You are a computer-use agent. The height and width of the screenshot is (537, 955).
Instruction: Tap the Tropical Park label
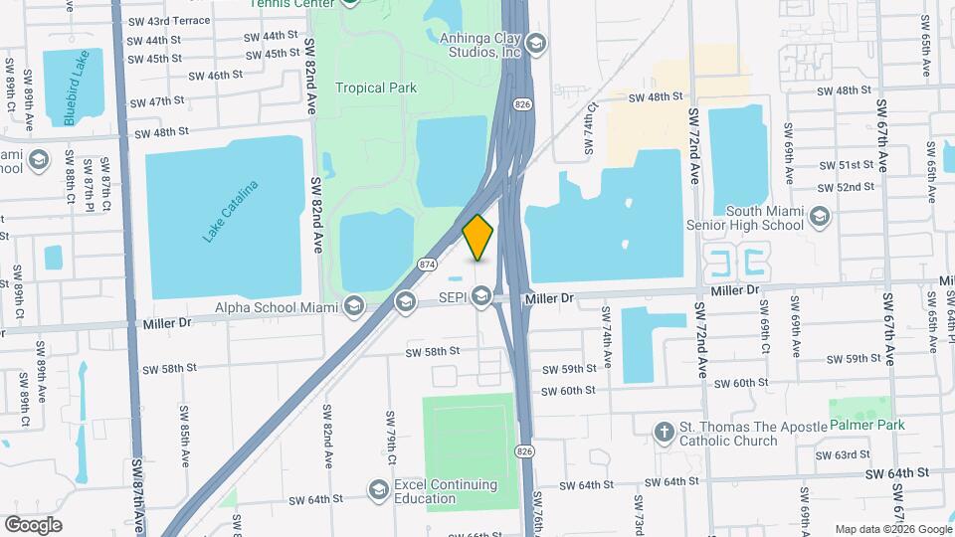pos(375,89)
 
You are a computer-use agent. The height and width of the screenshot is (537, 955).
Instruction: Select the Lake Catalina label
pos(230,211)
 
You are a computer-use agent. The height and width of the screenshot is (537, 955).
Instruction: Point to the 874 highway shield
pos(427,264)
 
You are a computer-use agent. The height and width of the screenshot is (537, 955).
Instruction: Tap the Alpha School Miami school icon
pos(353,305)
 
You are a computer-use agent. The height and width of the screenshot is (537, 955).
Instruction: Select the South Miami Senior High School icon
pos(820,217)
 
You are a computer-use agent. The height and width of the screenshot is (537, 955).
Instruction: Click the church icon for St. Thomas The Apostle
pos(664,431)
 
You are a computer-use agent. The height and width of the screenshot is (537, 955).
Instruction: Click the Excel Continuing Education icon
pos(378,489)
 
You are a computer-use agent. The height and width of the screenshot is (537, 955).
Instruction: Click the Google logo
pos(33,524)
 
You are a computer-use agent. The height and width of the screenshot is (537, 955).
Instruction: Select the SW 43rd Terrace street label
pos(169,21)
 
